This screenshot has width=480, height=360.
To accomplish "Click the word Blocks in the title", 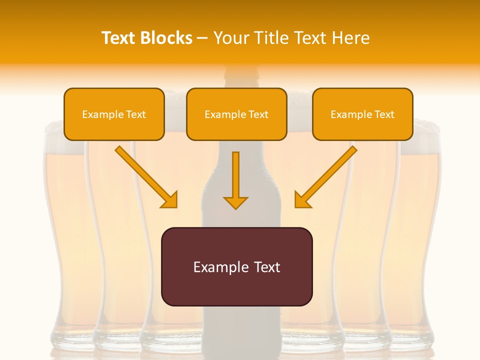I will [x=168, y=38].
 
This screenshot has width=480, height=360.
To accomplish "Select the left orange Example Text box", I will [x=114, y=114].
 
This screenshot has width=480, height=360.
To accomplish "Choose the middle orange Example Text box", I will [x=236, y=114].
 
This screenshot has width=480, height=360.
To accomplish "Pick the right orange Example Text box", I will [x=362, y=114].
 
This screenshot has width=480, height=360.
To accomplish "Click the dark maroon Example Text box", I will [x=236, y=266].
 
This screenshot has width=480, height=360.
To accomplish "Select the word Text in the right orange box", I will [x=384, y=114].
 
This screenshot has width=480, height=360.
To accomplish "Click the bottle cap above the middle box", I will [x=237, y=75].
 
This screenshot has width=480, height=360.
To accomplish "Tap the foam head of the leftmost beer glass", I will [x=63, y=145].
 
